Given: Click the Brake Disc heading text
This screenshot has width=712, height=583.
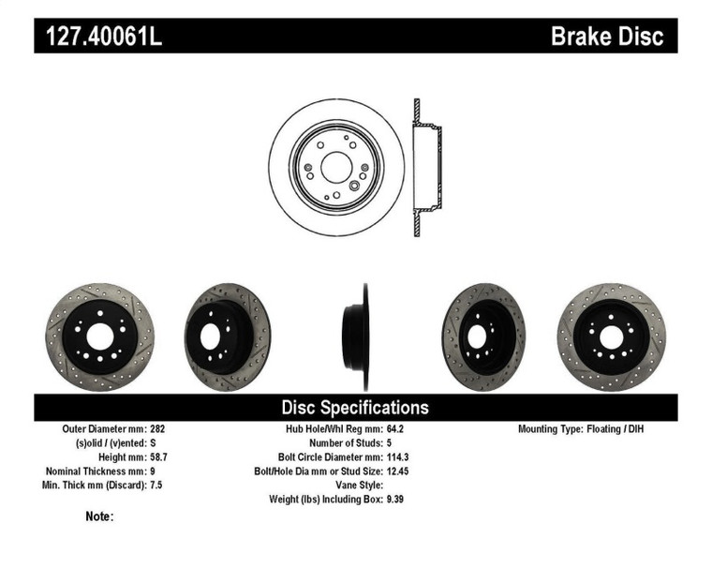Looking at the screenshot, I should click(606, 37).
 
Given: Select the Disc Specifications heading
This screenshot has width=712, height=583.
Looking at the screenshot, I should click(355, 407).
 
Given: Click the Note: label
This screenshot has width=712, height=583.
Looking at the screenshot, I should click(99, 516).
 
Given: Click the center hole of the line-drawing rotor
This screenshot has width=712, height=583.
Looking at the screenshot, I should click(336, 168).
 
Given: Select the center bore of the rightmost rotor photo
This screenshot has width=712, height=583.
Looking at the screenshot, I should click(610, 335).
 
